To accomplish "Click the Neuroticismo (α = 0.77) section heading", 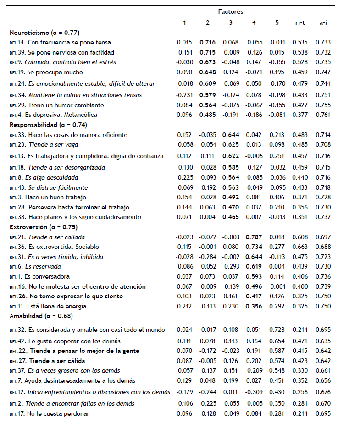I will click(x=44, y=33).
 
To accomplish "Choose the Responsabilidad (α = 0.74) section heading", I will click(x=48, y=125).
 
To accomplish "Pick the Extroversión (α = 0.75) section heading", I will click(x=44, y=227).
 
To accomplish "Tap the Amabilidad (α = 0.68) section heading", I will click(x=41, y=316).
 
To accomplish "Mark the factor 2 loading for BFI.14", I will click(x=208, y=42).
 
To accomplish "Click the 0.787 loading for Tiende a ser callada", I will click(x=254, y=237).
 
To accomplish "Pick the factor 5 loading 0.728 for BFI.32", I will click(x=277, y=330).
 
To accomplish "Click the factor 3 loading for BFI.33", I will click(x=231, y=135).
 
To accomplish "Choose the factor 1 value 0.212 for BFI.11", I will click(x=184, y=306).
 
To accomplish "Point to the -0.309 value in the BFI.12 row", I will click(x=254, y=392).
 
